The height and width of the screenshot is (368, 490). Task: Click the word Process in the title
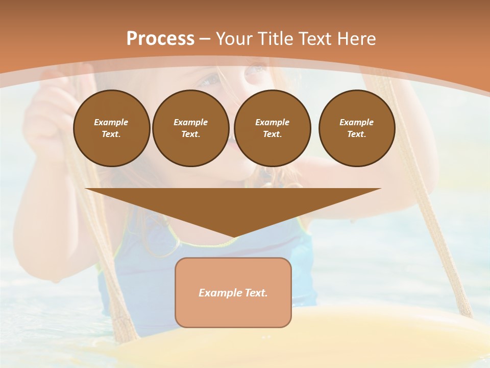click(160, 39)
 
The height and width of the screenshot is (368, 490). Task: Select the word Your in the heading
click(234, 39)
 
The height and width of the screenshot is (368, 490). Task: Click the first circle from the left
click(111, 128)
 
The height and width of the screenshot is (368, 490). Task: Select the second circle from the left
click(191, 128)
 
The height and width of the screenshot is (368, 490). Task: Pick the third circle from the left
click(272, 128)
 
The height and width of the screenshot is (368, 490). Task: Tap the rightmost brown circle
click(357, 128)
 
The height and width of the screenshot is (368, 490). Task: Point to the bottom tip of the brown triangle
click(233, 238)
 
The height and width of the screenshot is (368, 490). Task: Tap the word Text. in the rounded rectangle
click(256, 293)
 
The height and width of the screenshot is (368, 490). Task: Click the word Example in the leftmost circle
click(111, 122)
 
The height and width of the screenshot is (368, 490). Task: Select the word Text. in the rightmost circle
click(357, 134)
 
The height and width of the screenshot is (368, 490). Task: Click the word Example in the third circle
click(272, 122)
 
